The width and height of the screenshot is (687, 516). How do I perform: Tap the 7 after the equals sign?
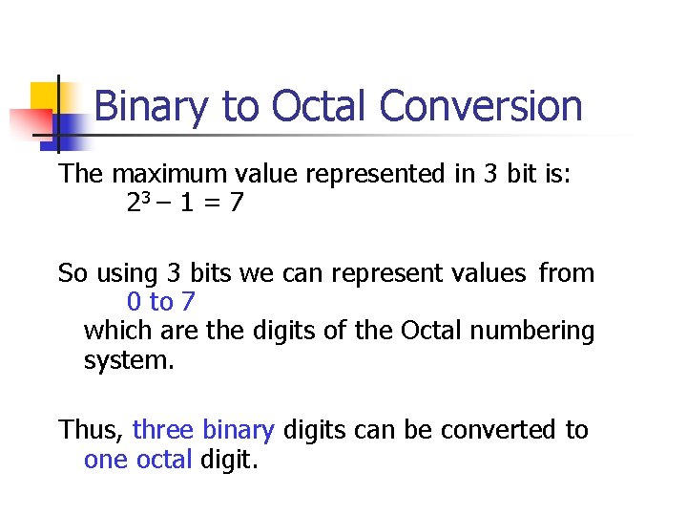(236, 204)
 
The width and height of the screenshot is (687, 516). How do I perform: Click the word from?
(566, 273)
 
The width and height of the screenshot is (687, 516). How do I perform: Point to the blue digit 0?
(134, 303)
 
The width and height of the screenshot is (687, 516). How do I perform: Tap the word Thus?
(90, 430)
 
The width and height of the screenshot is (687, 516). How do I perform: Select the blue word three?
(164, 430)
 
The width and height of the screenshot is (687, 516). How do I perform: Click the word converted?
(498, 430)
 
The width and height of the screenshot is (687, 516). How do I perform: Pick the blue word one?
(105, 460)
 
